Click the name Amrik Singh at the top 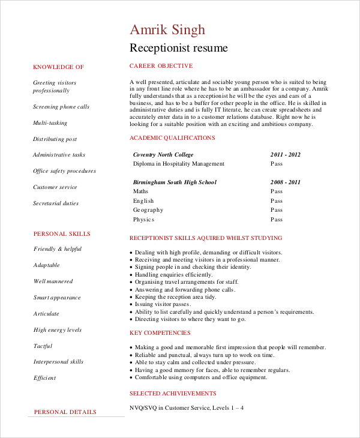coord(167,30)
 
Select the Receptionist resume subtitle coord(179,48)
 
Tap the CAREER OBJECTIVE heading coord(161,66)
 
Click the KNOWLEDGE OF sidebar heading coord(58,67)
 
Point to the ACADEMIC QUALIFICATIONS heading coord(172,138)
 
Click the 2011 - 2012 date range coord(286,154)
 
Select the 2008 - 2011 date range coord(286,182)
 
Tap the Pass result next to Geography coord(276,210)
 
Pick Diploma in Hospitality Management coord(178,164)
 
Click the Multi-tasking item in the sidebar coord(50,123)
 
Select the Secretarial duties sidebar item coord(56,203)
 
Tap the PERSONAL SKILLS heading coord(62,233)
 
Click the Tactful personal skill coord(43,346)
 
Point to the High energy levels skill coord(58,330)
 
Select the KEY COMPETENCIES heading coord(160,333)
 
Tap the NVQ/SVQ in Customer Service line coord(187,408)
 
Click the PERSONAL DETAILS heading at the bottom coord(65,412)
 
